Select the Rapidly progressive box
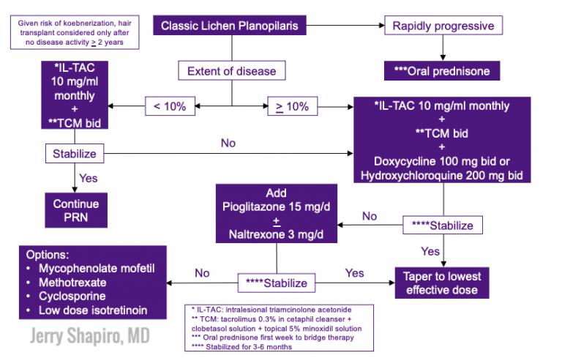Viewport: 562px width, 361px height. pyautogui.click(x=443, y=26)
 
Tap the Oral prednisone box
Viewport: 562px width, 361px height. pyautogui.click(x=442, y=72)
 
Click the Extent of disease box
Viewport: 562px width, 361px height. pyautogui.click(x=231, y=71)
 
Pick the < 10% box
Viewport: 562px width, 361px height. pyautogui.click(x=170, y=105)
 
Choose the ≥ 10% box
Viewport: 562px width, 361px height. pyautogui.click(x=292, y=105)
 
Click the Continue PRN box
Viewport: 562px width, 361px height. pyautogui.click(x=75, y=210)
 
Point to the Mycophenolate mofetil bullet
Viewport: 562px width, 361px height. pyautogui.click(x=92, y=269)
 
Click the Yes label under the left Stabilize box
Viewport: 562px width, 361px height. pyautogui.click(x=89, y=177)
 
